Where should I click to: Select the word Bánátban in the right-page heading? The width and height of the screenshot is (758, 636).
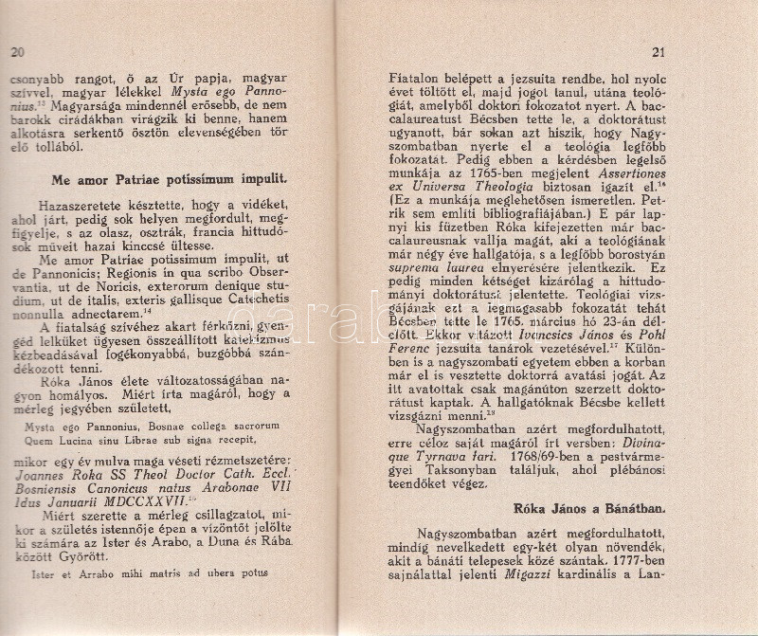point(687,506)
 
